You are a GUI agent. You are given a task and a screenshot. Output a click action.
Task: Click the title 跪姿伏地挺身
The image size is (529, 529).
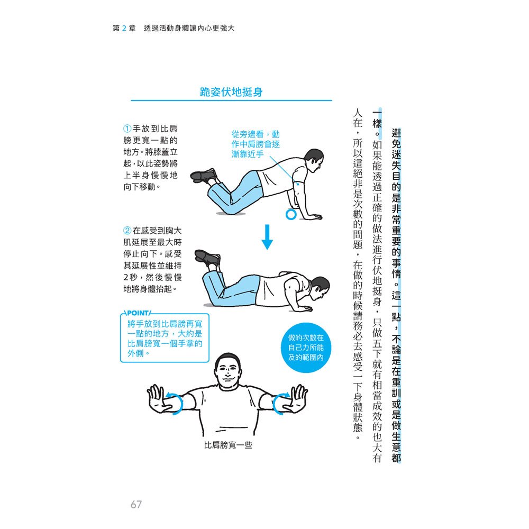(231, 92)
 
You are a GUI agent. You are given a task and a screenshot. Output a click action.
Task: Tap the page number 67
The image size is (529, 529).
(136, 504)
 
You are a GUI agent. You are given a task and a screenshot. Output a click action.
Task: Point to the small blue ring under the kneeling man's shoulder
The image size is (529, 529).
(290, 214)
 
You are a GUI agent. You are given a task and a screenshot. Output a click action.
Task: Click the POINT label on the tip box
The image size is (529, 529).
(136, 313)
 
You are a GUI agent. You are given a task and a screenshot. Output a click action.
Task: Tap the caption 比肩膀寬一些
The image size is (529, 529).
(228, 445)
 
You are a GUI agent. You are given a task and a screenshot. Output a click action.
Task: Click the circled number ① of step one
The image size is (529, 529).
(127, 129)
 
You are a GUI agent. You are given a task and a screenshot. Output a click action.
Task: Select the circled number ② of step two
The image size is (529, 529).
(127, 231)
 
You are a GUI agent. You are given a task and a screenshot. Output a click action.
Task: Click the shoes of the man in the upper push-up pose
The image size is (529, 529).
(204, 176)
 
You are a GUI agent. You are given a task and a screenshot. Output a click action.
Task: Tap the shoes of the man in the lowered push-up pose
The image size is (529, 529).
(208, 259)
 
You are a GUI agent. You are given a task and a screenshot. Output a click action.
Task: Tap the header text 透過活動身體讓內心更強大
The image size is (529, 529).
(189, 29)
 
